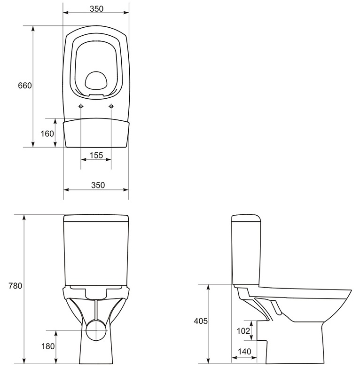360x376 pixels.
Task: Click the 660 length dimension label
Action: click(x=25, y=86)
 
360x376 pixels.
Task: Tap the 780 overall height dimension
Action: click(x=16, y=286)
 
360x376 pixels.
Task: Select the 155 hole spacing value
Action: click(x=96, y=155)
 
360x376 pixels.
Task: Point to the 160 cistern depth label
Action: click(x=47, y=133)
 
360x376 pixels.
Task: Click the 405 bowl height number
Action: click(x=201, y=321)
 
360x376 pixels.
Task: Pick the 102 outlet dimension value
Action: click(x=243, y=331)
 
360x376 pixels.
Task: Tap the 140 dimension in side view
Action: click(x=244, y=352)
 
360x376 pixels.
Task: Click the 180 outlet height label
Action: click(x=48, y=346)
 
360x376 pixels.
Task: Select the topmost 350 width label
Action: click(x=96, y=8)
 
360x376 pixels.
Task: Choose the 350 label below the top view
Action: click(x=98, y=185)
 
